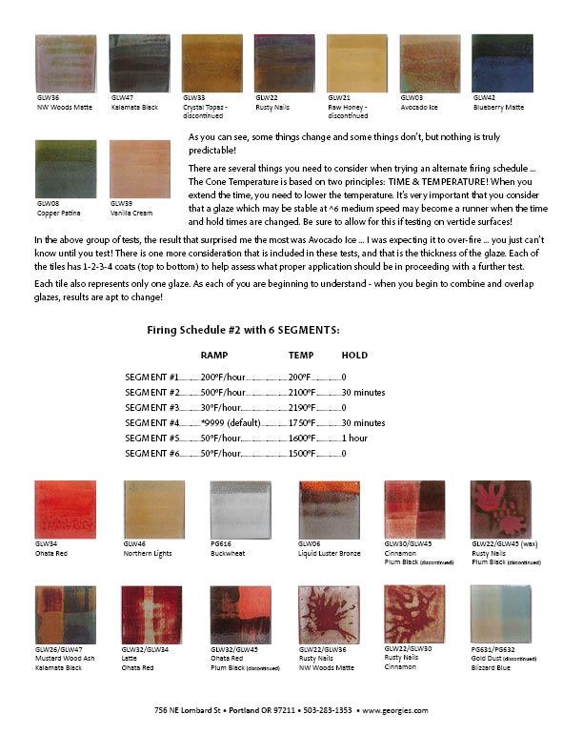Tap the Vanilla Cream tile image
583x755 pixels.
(x=140, y=168)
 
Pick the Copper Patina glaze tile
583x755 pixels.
(x=66, y=168)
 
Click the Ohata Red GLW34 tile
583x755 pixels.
(x=66, y=510)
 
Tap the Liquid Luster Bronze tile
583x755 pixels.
(x=329, y=510)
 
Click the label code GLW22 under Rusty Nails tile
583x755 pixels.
(x=266, y=98)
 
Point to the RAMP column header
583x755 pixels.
(x=214, y=355)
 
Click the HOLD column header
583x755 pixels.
(x=354, y=355)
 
